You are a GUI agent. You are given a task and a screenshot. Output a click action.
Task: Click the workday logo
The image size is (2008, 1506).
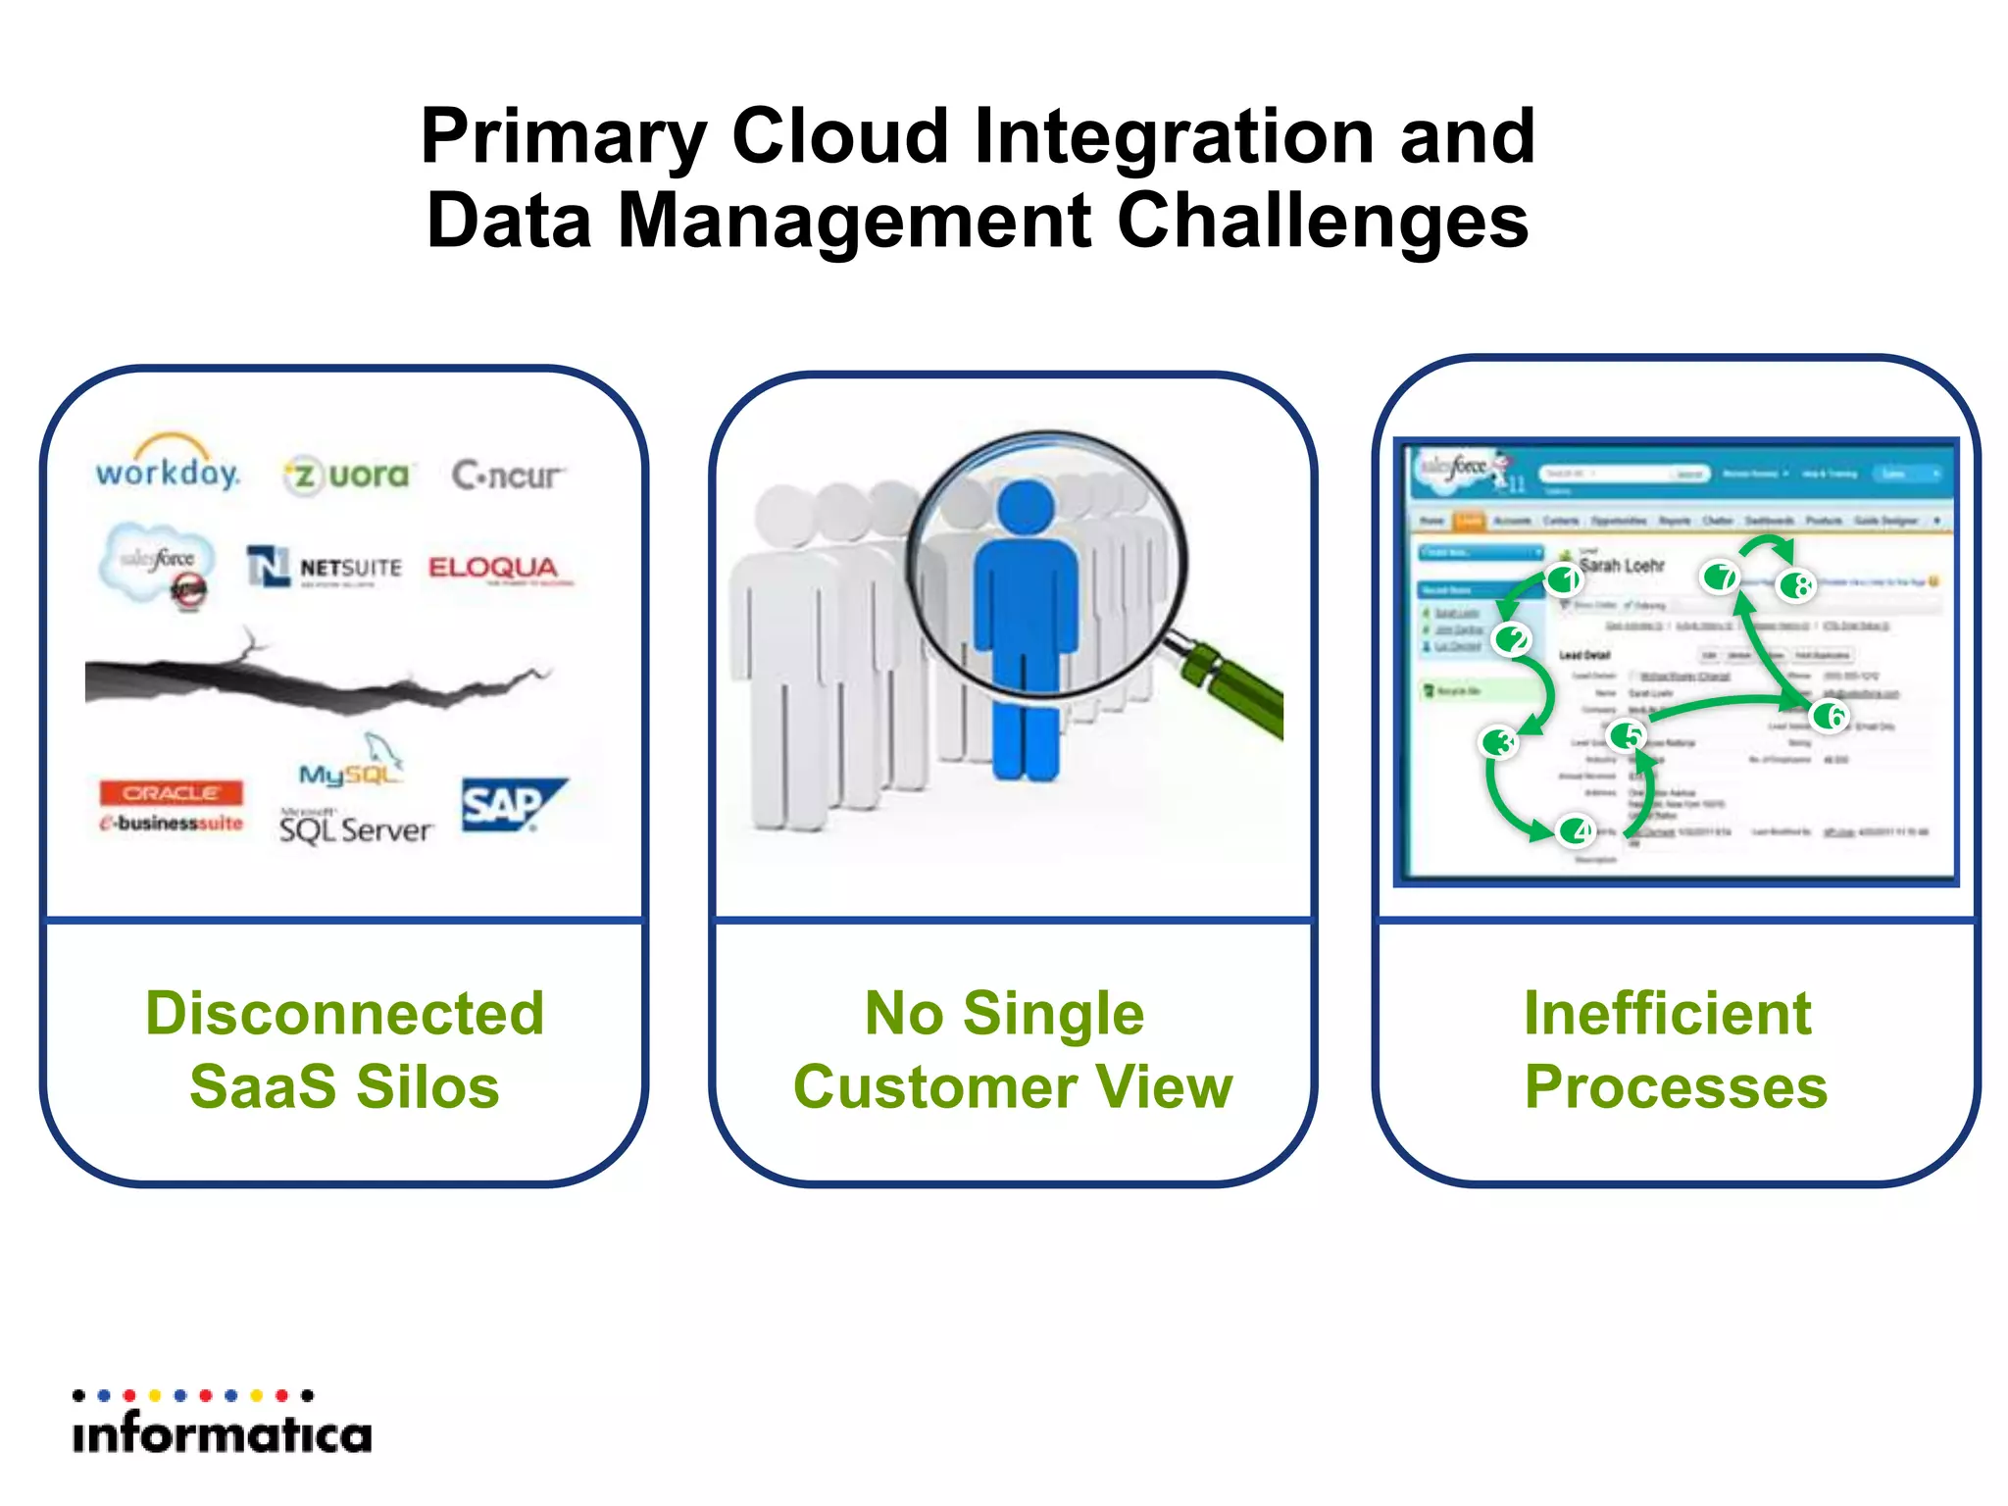click(168, 469)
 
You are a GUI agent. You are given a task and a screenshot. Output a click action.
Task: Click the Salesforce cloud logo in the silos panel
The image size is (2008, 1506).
click(157, 561)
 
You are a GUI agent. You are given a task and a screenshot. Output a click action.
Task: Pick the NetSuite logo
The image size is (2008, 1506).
click(325, 568)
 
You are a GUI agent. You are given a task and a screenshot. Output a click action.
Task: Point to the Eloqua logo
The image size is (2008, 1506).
click(494, 568)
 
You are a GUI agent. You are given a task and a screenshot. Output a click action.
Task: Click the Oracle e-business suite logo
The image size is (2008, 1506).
click(171, 807)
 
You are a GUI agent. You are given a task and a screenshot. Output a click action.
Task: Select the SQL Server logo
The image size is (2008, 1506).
click(354, 828)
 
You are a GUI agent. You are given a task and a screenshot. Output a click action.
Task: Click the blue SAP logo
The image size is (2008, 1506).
click(509, 805)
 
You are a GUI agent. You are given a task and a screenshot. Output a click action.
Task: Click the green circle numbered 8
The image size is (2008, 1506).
click(1798, 585)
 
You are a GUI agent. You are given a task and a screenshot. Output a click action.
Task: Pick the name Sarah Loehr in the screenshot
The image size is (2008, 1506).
click(1622, 566)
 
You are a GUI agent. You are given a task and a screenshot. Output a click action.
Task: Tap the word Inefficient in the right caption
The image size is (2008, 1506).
click(1667, 1013)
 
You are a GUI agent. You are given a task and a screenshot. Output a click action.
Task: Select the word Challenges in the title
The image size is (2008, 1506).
click(1323, 221)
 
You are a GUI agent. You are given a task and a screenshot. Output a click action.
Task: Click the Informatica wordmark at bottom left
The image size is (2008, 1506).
click(223, 1434)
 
